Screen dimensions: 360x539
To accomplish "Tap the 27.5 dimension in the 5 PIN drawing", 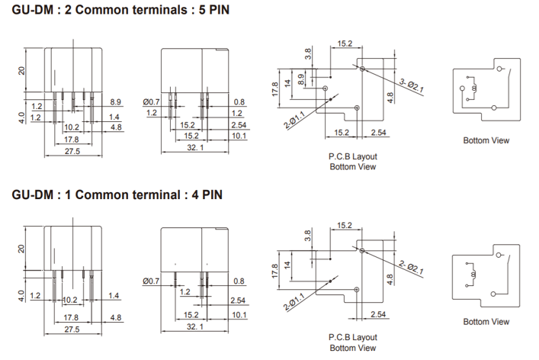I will (x=72, y=152).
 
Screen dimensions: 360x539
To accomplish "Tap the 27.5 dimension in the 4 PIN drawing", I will (x=72, y=329).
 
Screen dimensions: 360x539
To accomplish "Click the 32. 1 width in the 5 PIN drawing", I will (x=195, y=148).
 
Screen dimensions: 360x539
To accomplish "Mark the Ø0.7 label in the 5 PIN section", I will (x=152, y=101).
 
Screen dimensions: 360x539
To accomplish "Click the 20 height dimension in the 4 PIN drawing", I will (x=22, y=249).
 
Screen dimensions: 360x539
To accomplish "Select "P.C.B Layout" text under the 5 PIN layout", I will (x=353, y=156).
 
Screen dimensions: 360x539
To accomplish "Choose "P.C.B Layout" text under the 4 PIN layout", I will (x=353, y=337).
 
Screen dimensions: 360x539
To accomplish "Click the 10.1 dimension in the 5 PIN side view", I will (x=239, y=136).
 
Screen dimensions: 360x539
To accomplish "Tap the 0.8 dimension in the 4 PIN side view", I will (x=239, y=281).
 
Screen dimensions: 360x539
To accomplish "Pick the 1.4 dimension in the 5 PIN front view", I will (x=115, y=116).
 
